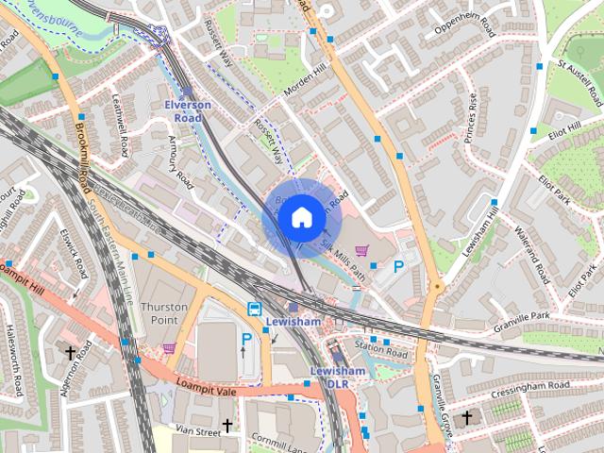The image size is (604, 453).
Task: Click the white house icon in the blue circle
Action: pos(300,218)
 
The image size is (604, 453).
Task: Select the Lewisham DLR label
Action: pos(337,377)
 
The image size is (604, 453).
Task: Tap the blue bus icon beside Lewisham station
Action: pos(254,309)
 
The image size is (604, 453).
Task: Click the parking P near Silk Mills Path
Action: pos(398,268)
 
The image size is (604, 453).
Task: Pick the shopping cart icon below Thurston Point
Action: pos(169,348)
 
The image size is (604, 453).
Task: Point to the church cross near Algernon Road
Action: pos(70,352)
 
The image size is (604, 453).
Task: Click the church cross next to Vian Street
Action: pos(226,426)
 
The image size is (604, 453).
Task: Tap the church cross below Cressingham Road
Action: pos(466,416)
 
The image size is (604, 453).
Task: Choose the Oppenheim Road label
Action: pos(464,27)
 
